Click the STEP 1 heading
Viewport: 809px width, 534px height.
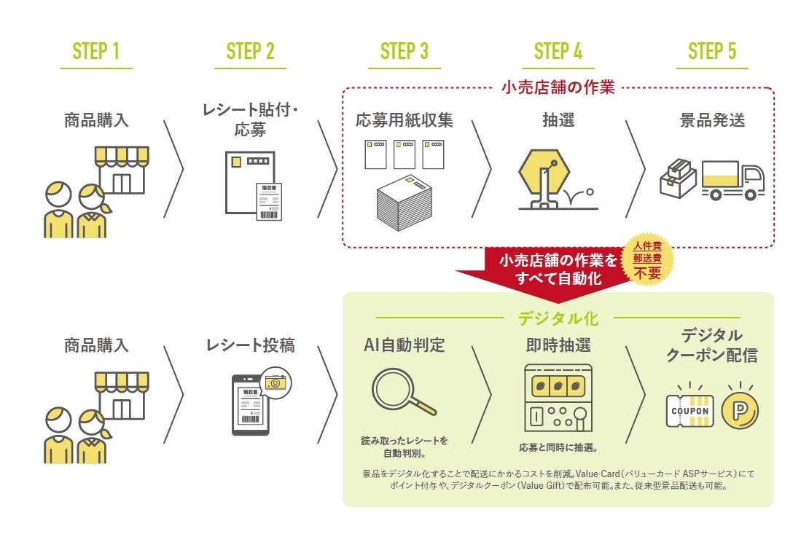coord(96,51)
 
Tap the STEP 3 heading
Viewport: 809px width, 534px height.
coord(404,51)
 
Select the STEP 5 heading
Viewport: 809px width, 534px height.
coord(712,51)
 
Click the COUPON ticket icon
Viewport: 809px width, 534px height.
coord(689,410)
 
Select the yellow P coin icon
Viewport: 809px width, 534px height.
coord(739,410)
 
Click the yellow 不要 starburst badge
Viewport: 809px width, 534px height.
coord(647,261)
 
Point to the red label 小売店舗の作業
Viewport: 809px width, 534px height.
coord(558,88)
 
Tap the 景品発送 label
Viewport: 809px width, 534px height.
coord(712,120)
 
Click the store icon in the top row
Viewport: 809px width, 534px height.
coord(122,170)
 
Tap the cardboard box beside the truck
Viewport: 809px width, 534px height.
coord(678,178)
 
